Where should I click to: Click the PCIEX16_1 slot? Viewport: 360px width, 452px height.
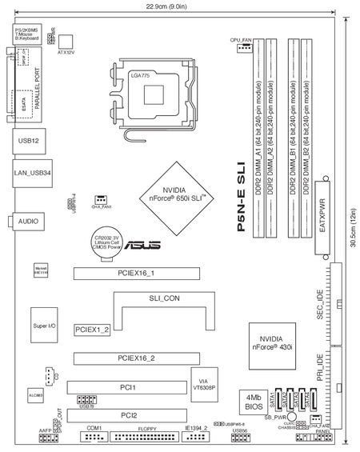point(136,274)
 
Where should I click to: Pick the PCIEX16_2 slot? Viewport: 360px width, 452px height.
point(136,358)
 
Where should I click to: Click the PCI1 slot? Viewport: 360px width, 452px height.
point(128,387)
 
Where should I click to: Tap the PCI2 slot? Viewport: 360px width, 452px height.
point(128,415)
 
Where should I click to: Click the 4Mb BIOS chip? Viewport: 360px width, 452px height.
point(253,401)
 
